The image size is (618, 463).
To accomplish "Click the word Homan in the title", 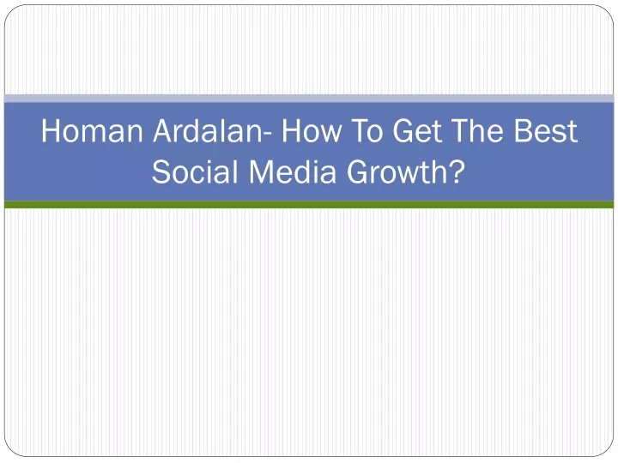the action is [x=92, y=130].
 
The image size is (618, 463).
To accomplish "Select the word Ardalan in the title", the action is [x=208, y=130].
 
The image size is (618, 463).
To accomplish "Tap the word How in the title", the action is [x=312, y=130].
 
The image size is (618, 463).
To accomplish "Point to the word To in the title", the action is [x=367, y=130].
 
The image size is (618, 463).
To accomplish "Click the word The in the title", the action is [x=477, y=130].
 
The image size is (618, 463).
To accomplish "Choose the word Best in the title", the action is [x=546, y=130].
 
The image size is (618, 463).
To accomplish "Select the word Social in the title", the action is [x=196, y=172].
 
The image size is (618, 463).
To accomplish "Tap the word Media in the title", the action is [x=293, y=172].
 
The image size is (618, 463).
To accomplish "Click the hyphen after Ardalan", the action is [x=267, y=135].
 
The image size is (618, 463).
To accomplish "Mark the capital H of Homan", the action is [x=51, y=130].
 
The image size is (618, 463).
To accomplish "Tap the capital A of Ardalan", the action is [x=164, y=130].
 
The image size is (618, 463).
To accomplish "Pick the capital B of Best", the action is [x=524, y=130].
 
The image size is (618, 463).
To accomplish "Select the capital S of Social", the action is [x=161, y=171].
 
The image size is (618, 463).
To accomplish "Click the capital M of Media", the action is [x=261, y=171].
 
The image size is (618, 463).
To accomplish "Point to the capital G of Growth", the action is [x=358, y=171].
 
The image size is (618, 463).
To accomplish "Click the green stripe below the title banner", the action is [x=309, y=205].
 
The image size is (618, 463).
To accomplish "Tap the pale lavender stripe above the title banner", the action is [x=309, y=99].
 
